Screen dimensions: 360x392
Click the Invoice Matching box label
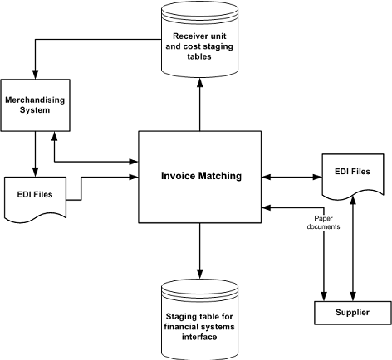click(x=200, y=176)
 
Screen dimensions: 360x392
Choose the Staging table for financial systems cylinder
click(x=199, y=316)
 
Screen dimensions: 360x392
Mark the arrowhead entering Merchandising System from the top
click(x=34, y=74)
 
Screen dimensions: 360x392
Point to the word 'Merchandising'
click(x=34, y=100)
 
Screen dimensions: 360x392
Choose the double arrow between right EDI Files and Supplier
click(x=355, y=249)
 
